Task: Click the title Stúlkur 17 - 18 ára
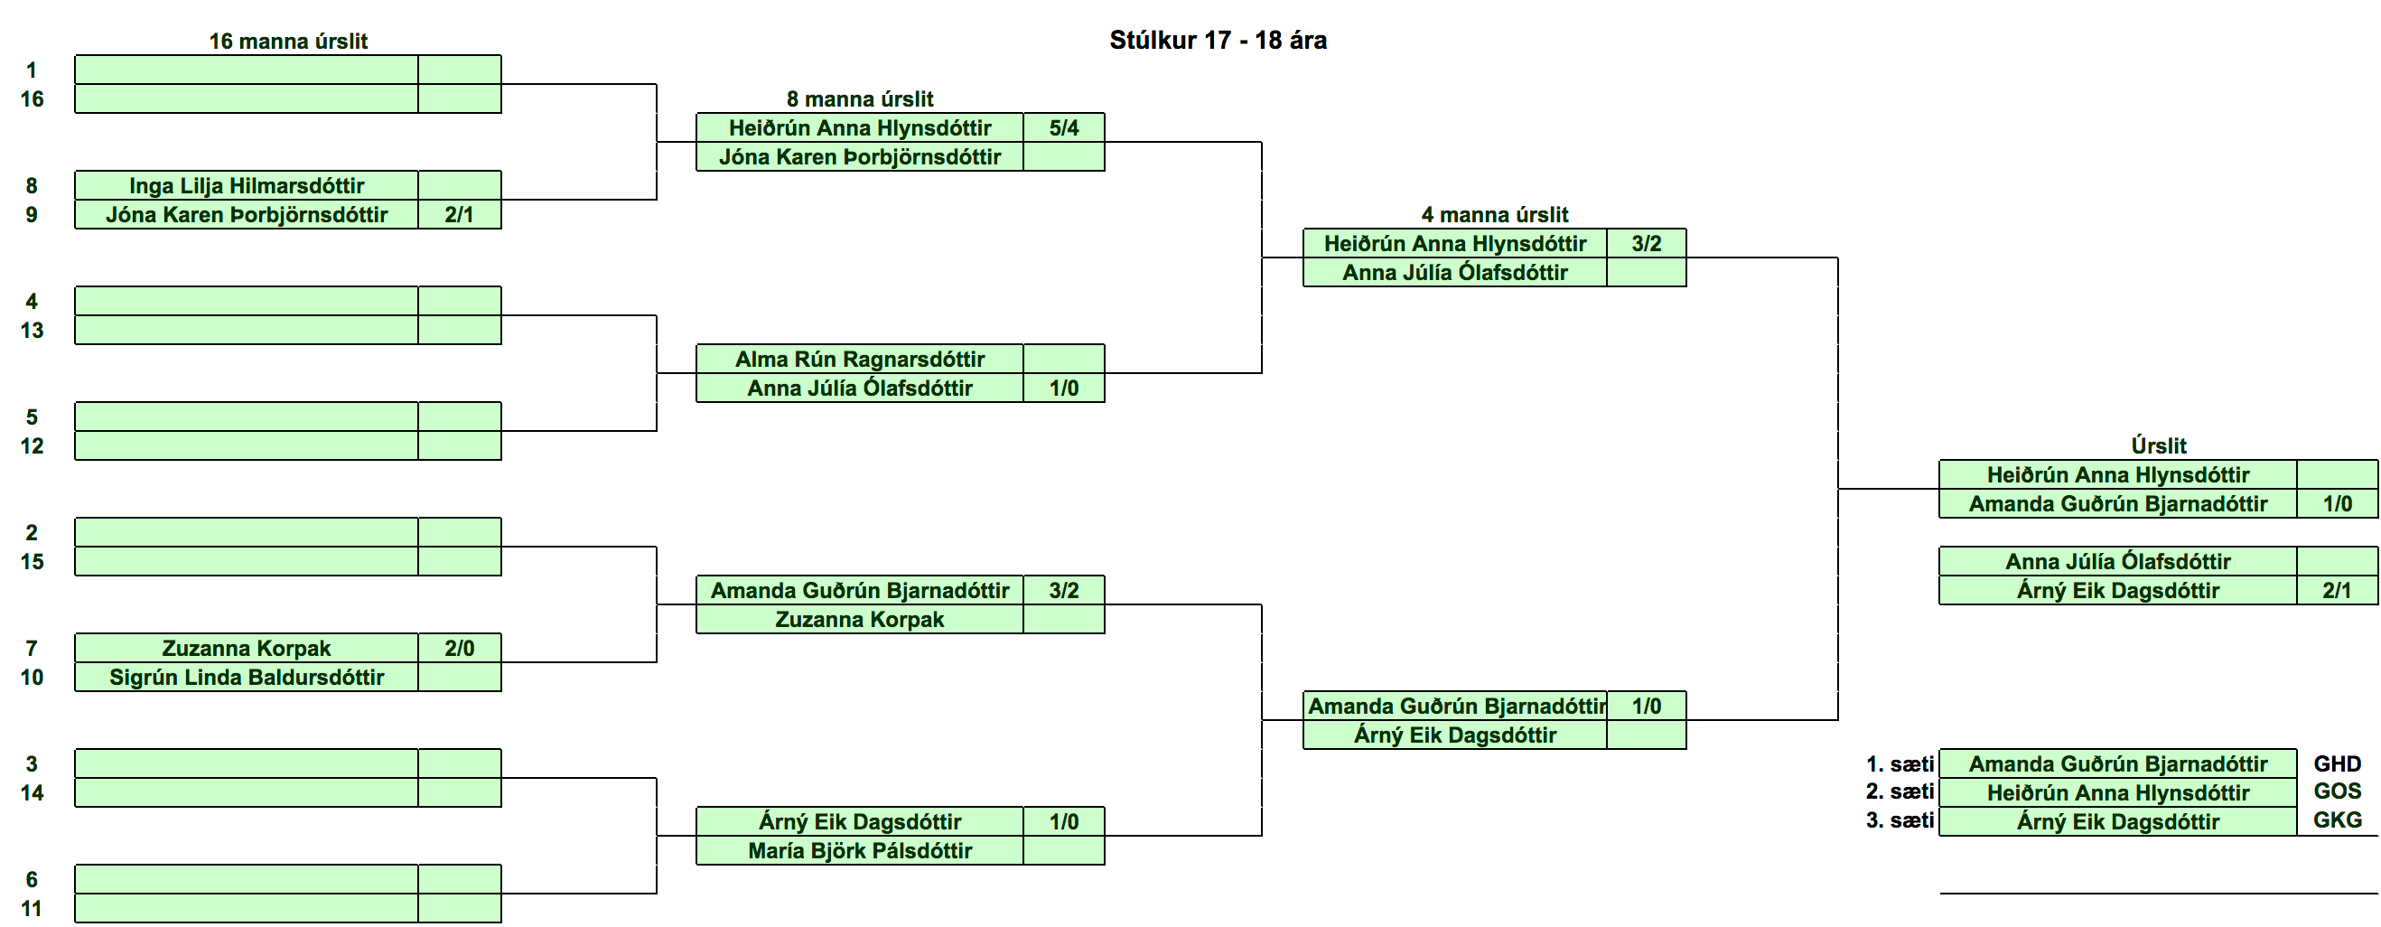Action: pyautogui.click(x=1218, y=40)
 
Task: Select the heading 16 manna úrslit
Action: pyautogui.click(x=287, y=41)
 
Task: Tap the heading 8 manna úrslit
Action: pyautogui.click(x=860, y=98)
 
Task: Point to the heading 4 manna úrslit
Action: pyautogui.click(x=1495, y=214)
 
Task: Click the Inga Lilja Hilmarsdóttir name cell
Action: pyautogui.click(x=247, y=185)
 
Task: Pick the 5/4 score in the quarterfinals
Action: pyautogui.click(x=1064, y=127)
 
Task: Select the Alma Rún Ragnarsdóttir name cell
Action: pyautogui.click(x=860, y=359)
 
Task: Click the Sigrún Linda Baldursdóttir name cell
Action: pyautogui.click(x=247, y=677)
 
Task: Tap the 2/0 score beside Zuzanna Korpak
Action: pyautogui.click(x=460, y=648)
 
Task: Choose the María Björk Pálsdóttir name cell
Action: pyautogui.click(x=860, y=850)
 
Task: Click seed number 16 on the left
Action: pyautogui.click(x=32, y=98)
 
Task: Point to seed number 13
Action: pyautogui.click(x=32, y=330)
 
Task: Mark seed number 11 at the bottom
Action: pyautogui.click(x=32, y=909)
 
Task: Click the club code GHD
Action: pyautogui.click(x=2338, y=763)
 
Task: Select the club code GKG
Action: pyautogui.click(x=2338, y=819)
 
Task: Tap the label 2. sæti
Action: pyautogui.click(x=1900, y=791)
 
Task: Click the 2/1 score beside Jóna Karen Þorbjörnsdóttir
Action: pyautogui.click(x=460, y=214)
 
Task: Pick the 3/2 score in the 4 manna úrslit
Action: pyautogui.click(x=1646, y=243)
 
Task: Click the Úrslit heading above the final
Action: pyautogui.click(x=2158, y=445)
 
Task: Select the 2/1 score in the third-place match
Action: pyautogui.click(x=2337, y=590)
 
